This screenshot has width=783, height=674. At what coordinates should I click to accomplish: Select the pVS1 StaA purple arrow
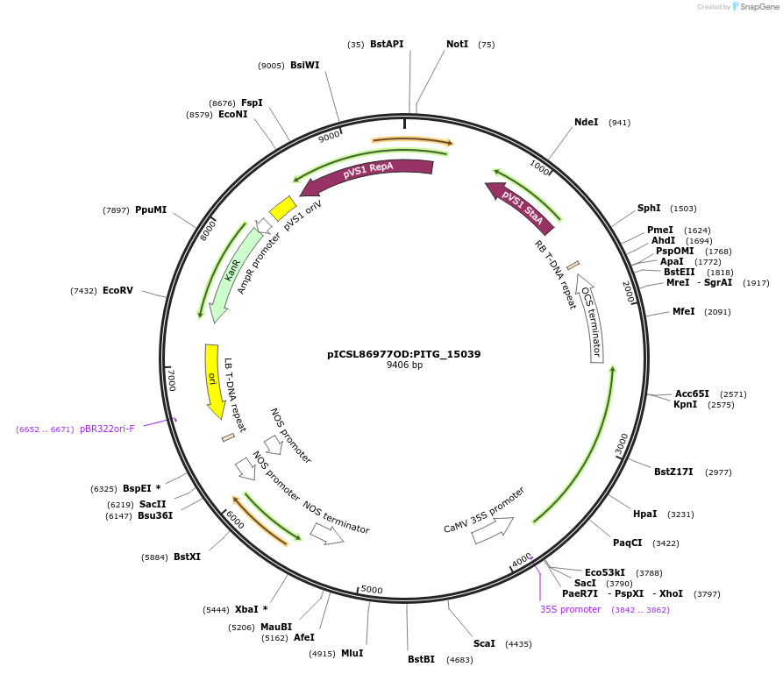[521, 206]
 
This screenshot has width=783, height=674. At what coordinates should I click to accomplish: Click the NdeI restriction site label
[586, 123]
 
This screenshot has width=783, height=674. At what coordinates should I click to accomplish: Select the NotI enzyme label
[457, 45]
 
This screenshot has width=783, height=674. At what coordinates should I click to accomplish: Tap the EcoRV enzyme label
[117, 291]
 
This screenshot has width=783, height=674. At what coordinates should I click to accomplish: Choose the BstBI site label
[421, 660]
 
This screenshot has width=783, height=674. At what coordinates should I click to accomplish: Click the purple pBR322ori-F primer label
[107, 429]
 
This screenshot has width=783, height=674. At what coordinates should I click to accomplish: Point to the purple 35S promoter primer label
[570, 610]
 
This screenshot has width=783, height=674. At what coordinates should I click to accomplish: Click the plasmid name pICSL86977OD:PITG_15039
[404, 354]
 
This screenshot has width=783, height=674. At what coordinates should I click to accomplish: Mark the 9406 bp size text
[404, 365]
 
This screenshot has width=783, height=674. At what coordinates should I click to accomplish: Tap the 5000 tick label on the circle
[372, 590]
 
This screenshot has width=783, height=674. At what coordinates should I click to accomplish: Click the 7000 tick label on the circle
[171, 380]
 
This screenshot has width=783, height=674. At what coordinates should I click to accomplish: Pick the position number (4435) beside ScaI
[518, 644]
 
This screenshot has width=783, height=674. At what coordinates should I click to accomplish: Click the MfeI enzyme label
[683, 312]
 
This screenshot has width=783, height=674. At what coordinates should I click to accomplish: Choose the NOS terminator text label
[336, 517]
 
